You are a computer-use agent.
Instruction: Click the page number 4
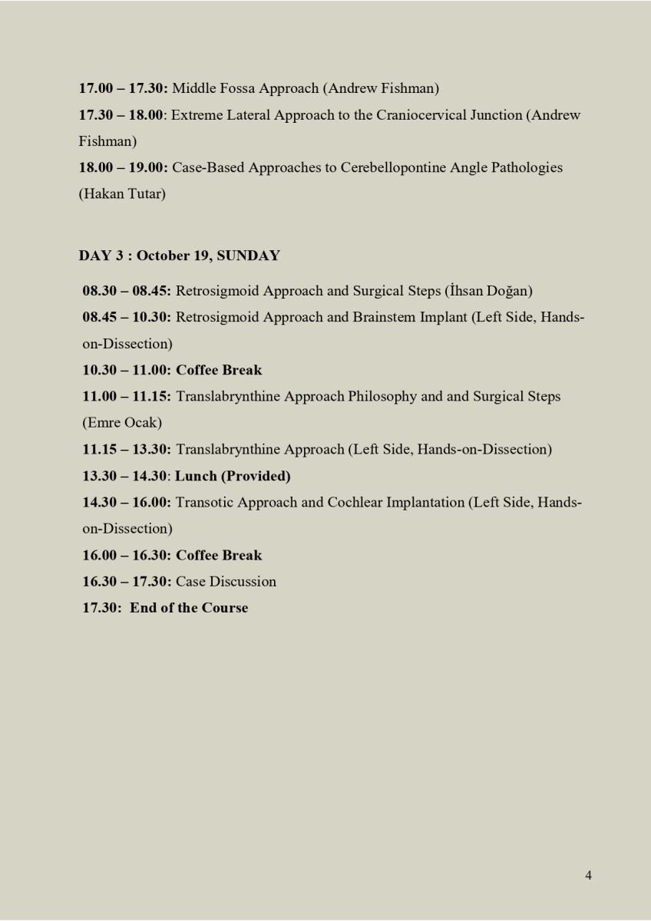click(588, 875)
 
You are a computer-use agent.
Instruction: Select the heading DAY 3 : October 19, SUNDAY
click(179, 256)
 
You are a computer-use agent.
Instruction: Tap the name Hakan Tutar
click(122, 193)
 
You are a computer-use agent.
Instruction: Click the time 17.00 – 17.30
click(122, 88)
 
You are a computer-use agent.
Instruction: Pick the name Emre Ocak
click(122, 422)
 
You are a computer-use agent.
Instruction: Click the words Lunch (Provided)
click(233, 476)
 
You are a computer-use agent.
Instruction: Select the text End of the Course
click(189, 607)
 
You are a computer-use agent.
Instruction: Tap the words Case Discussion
click(226, 581)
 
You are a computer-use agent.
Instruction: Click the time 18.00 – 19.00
click(122, 167)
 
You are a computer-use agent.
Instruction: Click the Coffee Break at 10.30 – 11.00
click(219, 370)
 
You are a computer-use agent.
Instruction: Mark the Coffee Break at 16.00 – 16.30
click(219, 555)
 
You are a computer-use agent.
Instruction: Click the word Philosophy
click(382, 397)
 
